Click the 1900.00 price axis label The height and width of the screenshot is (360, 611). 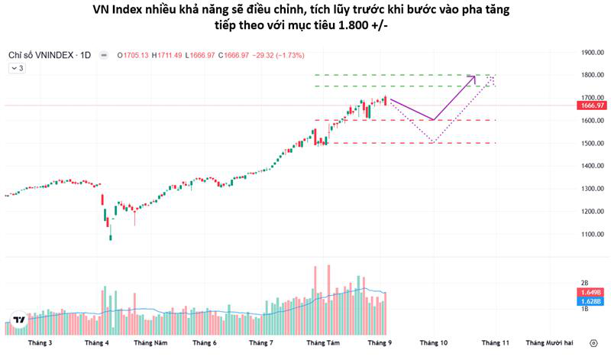tap(593, 53)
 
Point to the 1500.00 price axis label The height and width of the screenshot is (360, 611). tap(593, 143)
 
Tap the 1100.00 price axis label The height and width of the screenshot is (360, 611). tap(593, 234)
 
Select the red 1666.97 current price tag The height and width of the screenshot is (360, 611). tap(593, 105)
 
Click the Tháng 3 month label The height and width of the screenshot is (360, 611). tap(40, 343)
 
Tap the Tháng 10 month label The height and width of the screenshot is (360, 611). tap(433, 343)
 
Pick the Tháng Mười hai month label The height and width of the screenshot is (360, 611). tap(549, 343)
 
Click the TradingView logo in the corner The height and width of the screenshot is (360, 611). tap(18, 321)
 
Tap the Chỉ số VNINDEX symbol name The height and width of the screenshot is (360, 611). tap(43, 56)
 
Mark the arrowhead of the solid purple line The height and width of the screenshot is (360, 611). tap(475, 76)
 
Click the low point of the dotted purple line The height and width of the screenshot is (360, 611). tap(433, 142)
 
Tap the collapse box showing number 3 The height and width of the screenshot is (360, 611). tap(17, 68)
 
